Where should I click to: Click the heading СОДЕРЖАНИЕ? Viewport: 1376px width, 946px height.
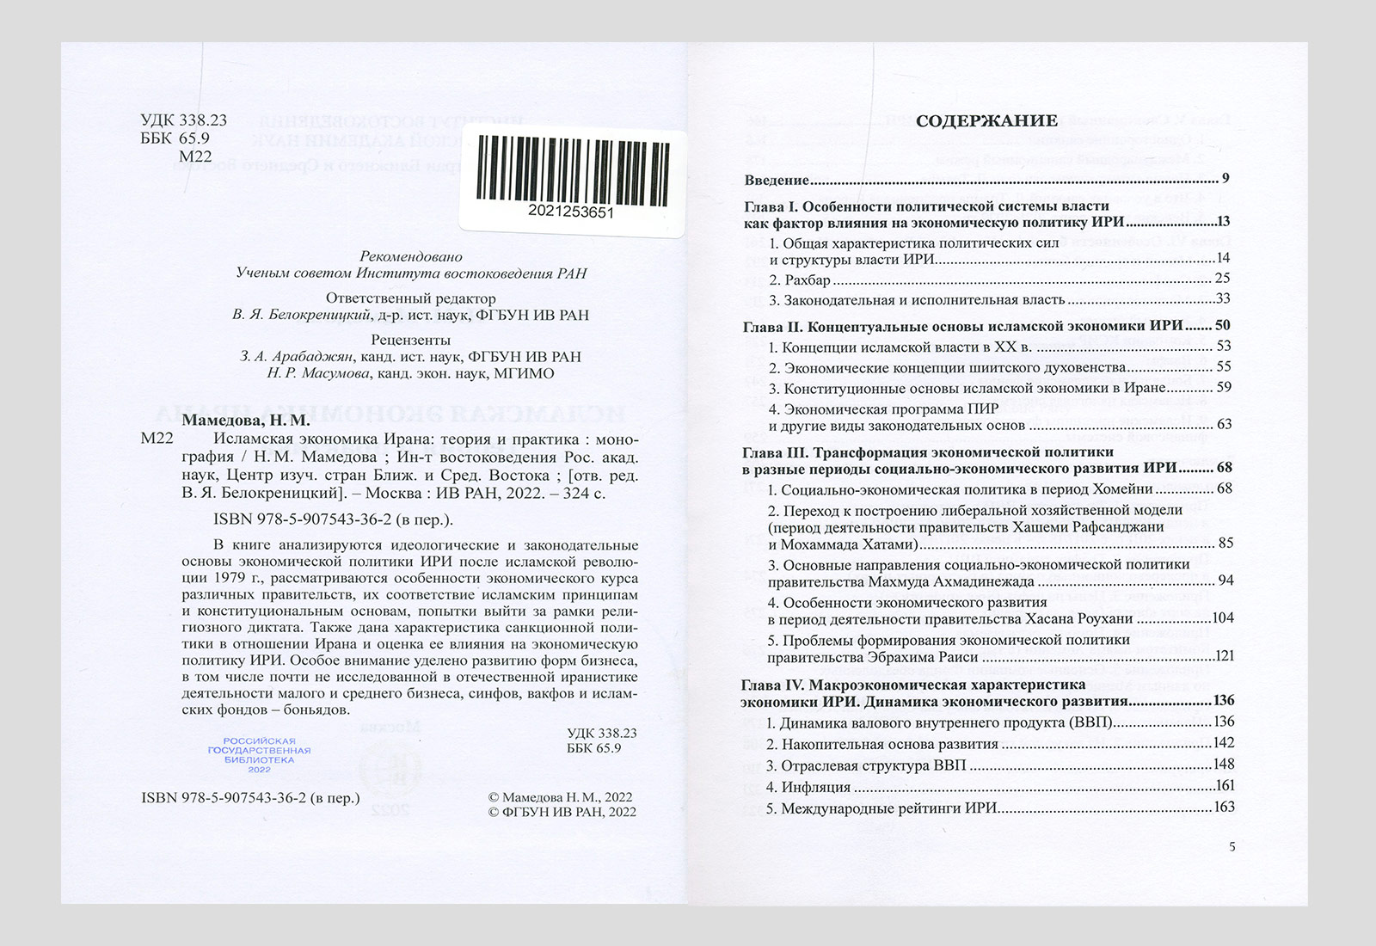[986, 120]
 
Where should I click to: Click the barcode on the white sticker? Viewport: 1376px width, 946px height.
[571, 169]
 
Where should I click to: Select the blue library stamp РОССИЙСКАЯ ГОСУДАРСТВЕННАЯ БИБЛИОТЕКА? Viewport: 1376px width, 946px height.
[259, 754]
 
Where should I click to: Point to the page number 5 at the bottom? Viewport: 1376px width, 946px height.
[1232, 846]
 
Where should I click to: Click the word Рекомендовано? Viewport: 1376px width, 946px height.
[411, 256]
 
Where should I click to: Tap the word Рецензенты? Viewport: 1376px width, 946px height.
[411, 340]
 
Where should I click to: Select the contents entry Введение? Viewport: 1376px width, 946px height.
[777, 180]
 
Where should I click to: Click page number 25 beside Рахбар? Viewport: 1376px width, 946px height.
[1222, 279]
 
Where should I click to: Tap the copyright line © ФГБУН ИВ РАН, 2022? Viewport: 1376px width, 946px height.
[562, 812]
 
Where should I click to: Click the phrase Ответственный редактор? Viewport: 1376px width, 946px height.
[411, 298]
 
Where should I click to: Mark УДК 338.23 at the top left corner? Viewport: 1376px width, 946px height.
[183, 121]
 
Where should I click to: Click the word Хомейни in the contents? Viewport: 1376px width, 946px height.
[1122, 489]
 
